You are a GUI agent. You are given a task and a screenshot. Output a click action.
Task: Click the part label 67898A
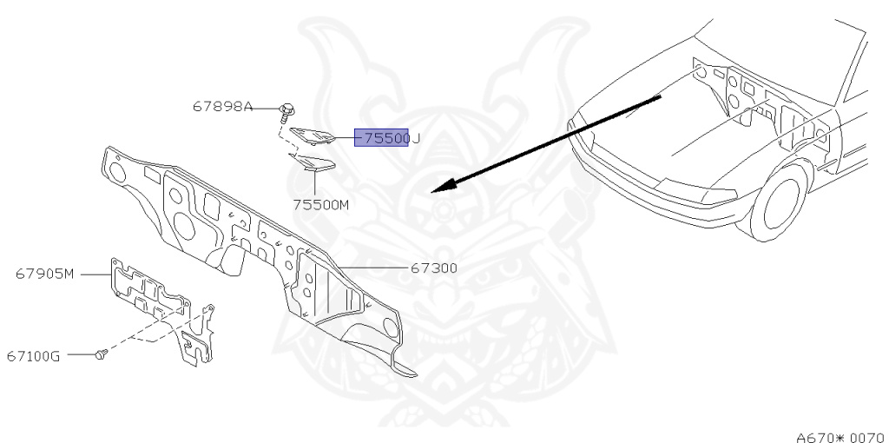[222, 108]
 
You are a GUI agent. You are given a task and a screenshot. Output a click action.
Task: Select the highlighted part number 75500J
[382, 138]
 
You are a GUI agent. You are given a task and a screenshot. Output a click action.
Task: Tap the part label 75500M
[319, 204]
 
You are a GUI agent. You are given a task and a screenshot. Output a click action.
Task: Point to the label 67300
[433, 268]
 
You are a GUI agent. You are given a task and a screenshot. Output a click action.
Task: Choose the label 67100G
[33, 355]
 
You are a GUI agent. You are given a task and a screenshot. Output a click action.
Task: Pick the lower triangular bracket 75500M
[313, 163]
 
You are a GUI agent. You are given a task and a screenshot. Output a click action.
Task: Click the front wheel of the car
[781, 205]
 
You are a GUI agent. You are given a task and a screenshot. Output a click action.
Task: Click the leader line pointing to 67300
[373, 268]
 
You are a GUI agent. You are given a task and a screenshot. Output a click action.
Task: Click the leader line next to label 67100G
[80, 354]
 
